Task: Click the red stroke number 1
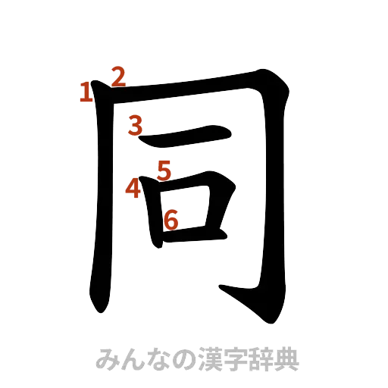[x=86, y=92]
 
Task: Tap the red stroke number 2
[x=118, y=76]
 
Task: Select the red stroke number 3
[x=135, y=125]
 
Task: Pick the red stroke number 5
[x=164, y=168]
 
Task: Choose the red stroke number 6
[x=171, y=220]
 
